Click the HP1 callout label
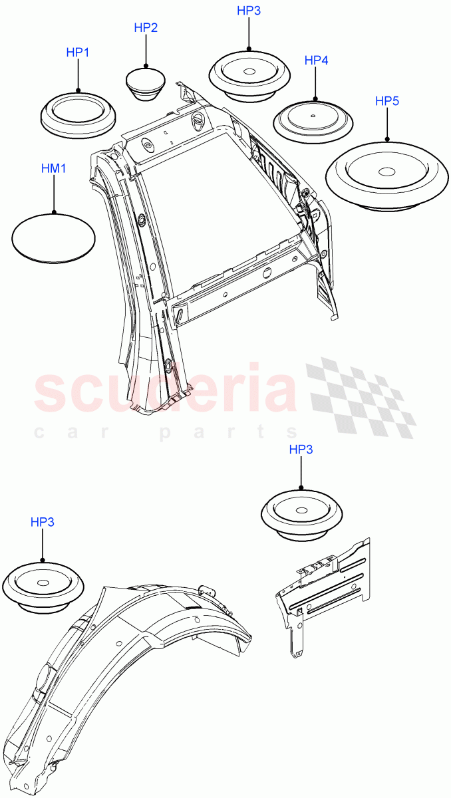77,52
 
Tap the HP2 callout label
146,28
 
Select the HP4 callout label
317,61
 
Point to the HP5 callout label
387,101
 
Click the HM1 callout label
54,170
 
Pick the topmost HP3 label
249,11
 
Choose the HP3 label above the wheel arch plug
43,522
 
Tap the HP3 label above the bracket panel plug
301,450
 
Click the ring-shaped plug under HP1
78,113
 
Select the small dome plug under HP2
146,82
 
